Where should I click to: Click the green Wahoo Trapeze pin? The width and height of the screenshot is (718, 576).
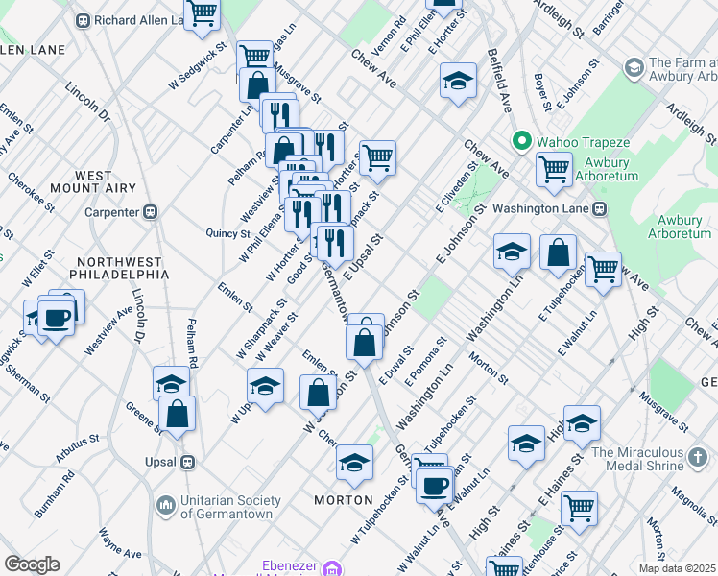pyautogui.click(x=522, y=142)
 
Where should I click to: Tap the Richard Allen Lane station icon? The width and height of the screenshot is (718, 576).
pyautogui.click(x=84, y=19)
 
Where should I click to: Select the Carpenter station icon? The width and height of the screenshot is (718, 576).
pyautogui.click(x=151, y=212)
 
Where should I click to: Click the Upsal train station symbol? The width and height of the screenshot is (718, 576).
pyautogui.click(x=188, y=462)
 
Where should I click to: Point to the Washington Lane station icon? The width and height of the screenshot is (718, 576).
pyautogui.click(x=599, y=208)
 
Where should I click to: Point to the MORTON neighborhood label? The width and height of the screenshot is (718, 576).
pyautogui.click(x=344, y=500)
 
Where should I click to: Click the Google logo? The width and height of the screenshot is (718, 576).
pyautogui.click(x=32, y=564)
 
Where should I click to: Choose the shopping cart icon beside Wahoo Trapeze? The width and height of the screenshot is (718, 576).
pyautogui.click(x=554, y=170)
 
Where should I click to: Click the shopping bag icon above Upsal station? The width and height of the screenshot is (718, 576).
pyautogui.click(x=178, y=413)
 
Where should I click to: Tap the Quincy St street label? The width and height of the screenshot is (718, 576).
pyautogui.click(x=228, y=232)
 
